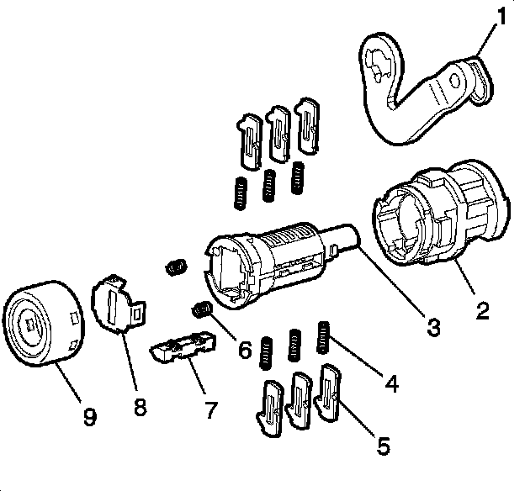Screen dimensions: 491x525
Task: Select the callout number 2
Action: [482, 312]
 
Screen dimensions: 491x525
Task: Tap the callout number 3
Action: [433, 327]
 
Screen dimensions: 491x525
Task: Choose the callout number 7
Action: [210, 410]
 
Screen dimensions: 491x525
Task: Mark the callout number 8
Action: [140, 408]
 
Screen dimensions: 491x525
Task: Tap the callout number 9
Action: [90, 415]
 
